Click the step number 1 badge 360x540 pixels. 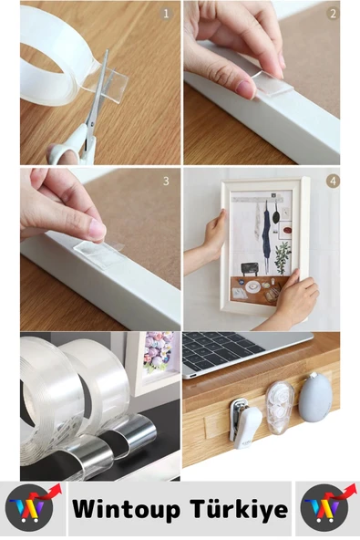166,14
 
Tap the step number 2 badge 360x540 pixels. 333,14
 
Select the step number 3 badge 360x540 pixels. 166,181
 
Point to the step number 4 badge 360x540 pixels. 333,181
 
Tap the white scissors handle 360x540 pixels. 68,146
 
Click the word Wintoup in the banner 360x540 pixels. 129,509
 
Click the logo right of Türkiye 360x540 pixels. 326,508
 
